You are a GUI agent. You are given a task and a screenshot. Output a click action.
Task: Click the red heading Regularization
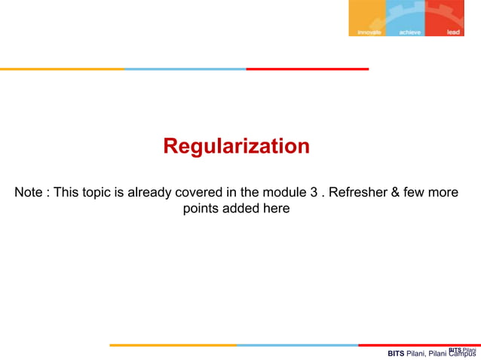point(236,146)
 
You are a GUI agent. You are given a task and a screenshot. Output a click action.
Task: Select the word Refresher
point(357,192)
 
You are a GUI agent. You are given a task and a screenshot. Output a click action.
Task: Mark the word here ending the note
point(275,209)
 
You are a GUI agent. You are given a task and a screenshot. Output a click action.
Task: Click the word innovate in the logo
point(369,32)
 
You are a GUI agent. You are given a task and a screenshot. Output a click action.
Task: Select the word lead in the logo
point(453,32)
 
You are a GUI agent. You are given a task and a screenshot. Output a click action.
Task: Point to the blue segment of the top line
point(185,69)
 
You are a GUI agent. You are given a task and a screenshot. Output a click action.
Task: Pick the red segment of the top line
point(307,69)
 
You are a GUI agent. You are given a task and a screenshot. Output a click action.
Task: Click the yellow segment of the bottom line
point(173,346)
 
